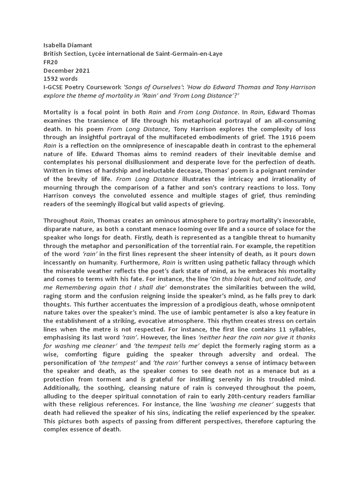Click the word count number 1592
[52, 79]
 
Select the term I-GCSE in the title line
[54, 87]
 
